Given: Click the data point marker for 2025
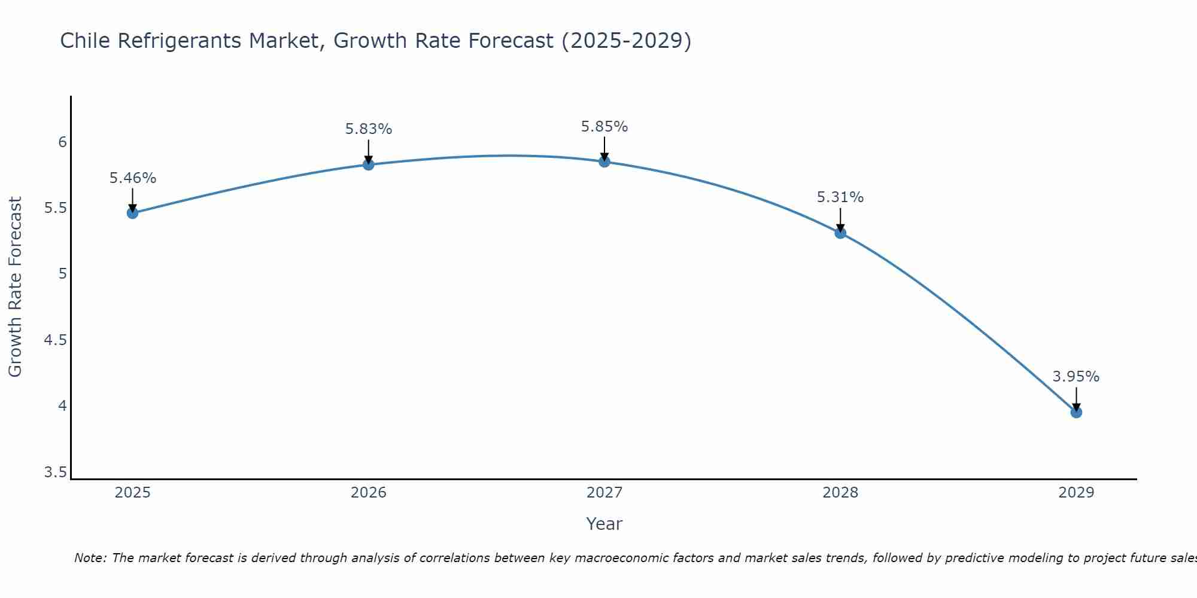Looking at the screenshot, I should click(132, 213).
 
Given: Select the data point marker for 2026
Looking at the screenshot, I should click(369, 164).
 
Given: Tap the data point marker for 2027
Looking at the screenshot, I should click(604, 161).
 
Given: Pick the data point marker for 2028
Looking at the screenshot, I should click(840, 233).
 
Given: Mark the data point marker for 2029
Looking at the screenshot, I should click(1076, 412).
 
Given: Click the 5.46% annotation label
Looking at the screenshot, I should click(132, 178).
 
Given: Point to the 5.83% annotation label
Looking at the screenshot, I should click(369, 129).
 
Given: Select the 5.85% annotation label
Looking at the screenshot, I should click(604, 127).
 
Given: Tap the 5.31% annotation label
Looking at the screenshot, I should click(840, 197).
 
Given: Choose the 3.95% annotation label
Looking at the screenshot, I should click(1076, 377).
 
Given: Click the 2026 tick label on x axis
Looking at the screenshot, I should click(369, 493).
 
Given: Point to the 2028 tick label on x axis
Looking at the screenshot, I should click(840, 493).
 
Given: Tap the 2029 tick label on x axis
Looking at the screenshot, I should click(1076, 493).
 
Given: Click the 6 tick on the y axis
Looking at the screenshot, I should click(62, 142).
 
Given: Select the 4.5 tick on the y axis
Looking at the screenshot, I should click(56, 340).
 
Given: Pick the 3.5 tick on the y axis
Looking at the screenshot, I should click(56, 473).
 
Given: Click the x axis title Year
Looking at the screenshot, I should click(604, 524).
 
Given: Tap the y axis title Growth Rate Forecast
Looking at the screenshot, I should click(15, 287).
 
